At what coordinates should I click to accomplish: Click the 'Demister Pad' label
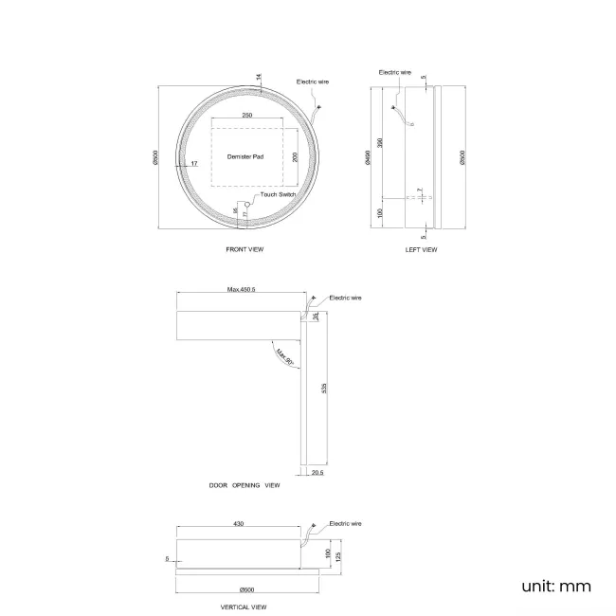point(244,154)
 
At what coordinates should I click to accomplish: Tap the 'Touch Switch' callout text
point(279,194)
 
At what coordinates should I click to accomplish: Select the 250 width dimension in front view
point(246,115)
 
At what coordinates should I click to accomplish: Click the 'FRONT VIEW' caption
point(245,249)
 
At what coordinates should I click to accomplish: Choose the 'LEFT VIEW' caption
point(421,250)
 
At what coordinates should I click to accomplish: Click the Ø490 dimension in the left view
point(367,160)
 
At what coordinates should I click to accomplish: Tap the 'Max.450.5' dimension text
point(243,290)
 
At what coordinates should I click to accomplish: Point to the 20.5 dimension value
point(317,472)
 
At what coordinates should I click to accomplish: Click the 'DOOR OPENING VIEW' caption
point(245,484)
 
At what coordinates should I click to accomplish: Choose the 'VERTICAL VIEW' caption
point(244,607)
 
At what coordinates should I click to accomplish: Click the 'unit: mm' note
point(556,586)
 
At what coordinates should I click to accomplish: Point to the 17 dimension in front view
point(193,164)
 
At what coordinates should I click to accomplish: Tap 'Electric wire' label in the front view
point(314,82)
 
